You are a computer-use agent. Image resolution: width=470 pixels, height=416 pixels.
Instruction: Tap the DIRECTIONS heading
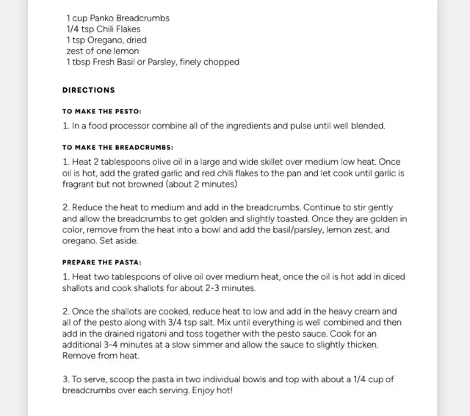click(x=88, y=90)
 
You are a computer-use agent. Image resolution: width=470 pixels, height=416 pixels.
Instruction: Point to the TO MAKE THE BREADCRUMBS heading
click(x=117, y=147)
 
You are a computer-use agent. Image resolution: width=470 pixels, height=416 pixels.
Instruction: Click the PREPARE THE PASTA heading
click(x=101, y=262)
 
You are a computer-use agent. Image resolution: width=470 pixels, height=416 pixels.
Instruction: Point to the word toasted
click(x=299, y=219)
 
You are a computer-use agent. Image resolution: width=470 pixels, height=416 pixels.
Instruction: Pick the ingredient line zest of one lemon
click(x=102, y=51)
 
